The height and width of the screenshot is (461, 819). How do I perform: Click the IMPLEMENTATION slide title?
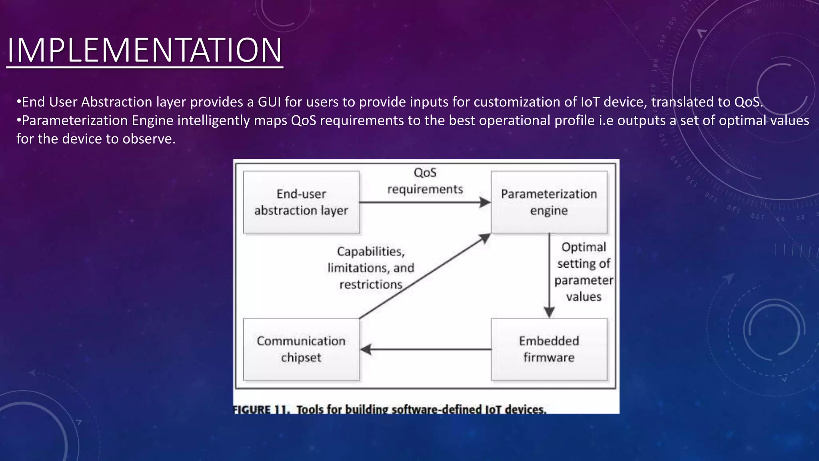145,50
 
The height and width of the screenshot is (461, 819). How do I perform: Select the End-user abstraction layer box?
301,202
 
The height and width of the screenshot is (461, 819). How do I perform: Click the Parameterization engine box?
549,202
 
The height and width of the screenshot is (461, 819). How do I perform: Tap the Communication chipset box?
301,349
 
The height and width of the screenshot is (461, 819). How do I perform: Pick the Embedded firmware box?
549,349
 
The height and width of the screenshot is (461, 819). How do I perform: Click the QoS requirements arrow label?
425,181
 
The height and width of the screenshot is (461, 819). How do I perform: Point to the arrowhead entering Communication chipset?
366,349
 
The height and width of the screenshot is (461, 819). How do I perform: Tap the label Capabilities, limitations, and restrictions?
371,268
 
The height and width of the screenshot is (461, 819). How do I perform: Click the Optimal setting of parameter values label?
583,272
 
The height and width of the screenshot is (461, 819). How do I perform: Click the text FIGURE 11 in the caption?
261,409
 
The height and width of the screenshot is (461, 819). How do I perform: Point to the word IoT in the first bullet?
590,102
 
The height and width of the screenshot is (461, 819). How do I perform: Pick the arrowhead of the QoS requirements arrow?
485,202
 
